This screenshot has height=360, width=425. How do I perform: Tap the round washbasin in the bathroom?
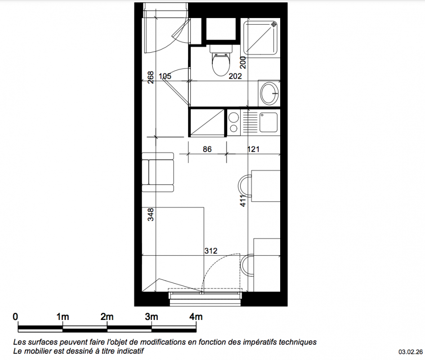tap(269, 93)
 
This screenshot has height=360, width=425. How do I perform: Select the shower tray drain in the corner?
tap(274, 25)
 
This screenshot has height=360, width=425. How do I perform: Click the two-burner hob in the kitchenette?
tap(233, 122)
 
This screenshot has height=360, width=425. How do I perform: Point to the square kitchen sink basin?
tap(268, 122)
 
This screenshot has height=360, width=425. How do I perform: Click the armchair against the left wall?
tap(158, 172)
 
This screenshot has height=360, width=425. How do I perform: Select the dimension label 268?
tap(151, 77)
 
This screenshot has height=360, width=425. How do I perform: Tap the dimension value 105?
tap(165, 76)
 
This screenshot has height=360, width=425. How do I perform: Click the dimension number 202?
tap(235, 76)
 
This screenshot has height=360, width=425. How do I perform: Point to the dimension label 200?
tap(243, 62)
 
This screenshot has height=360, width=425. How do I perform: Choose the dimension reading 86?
tap(207, 149)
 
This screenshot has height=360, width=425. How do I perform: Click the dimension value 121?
tap(254, 149)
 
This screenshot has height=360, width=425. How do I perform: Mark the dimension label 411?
tap(243, 201)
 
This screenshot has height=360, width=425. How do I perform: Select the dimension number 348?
tap(151, 214)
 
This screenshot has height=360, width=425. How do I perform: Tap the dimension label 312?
tap(211, 251)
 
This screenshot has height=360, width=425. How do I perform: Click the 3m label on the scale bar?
tap(151, 317)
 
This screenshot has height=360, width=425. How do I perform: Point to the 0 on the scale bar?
tap(15, 317)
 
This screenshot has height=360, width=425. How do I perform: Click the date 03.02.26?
tap(410, 352)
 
